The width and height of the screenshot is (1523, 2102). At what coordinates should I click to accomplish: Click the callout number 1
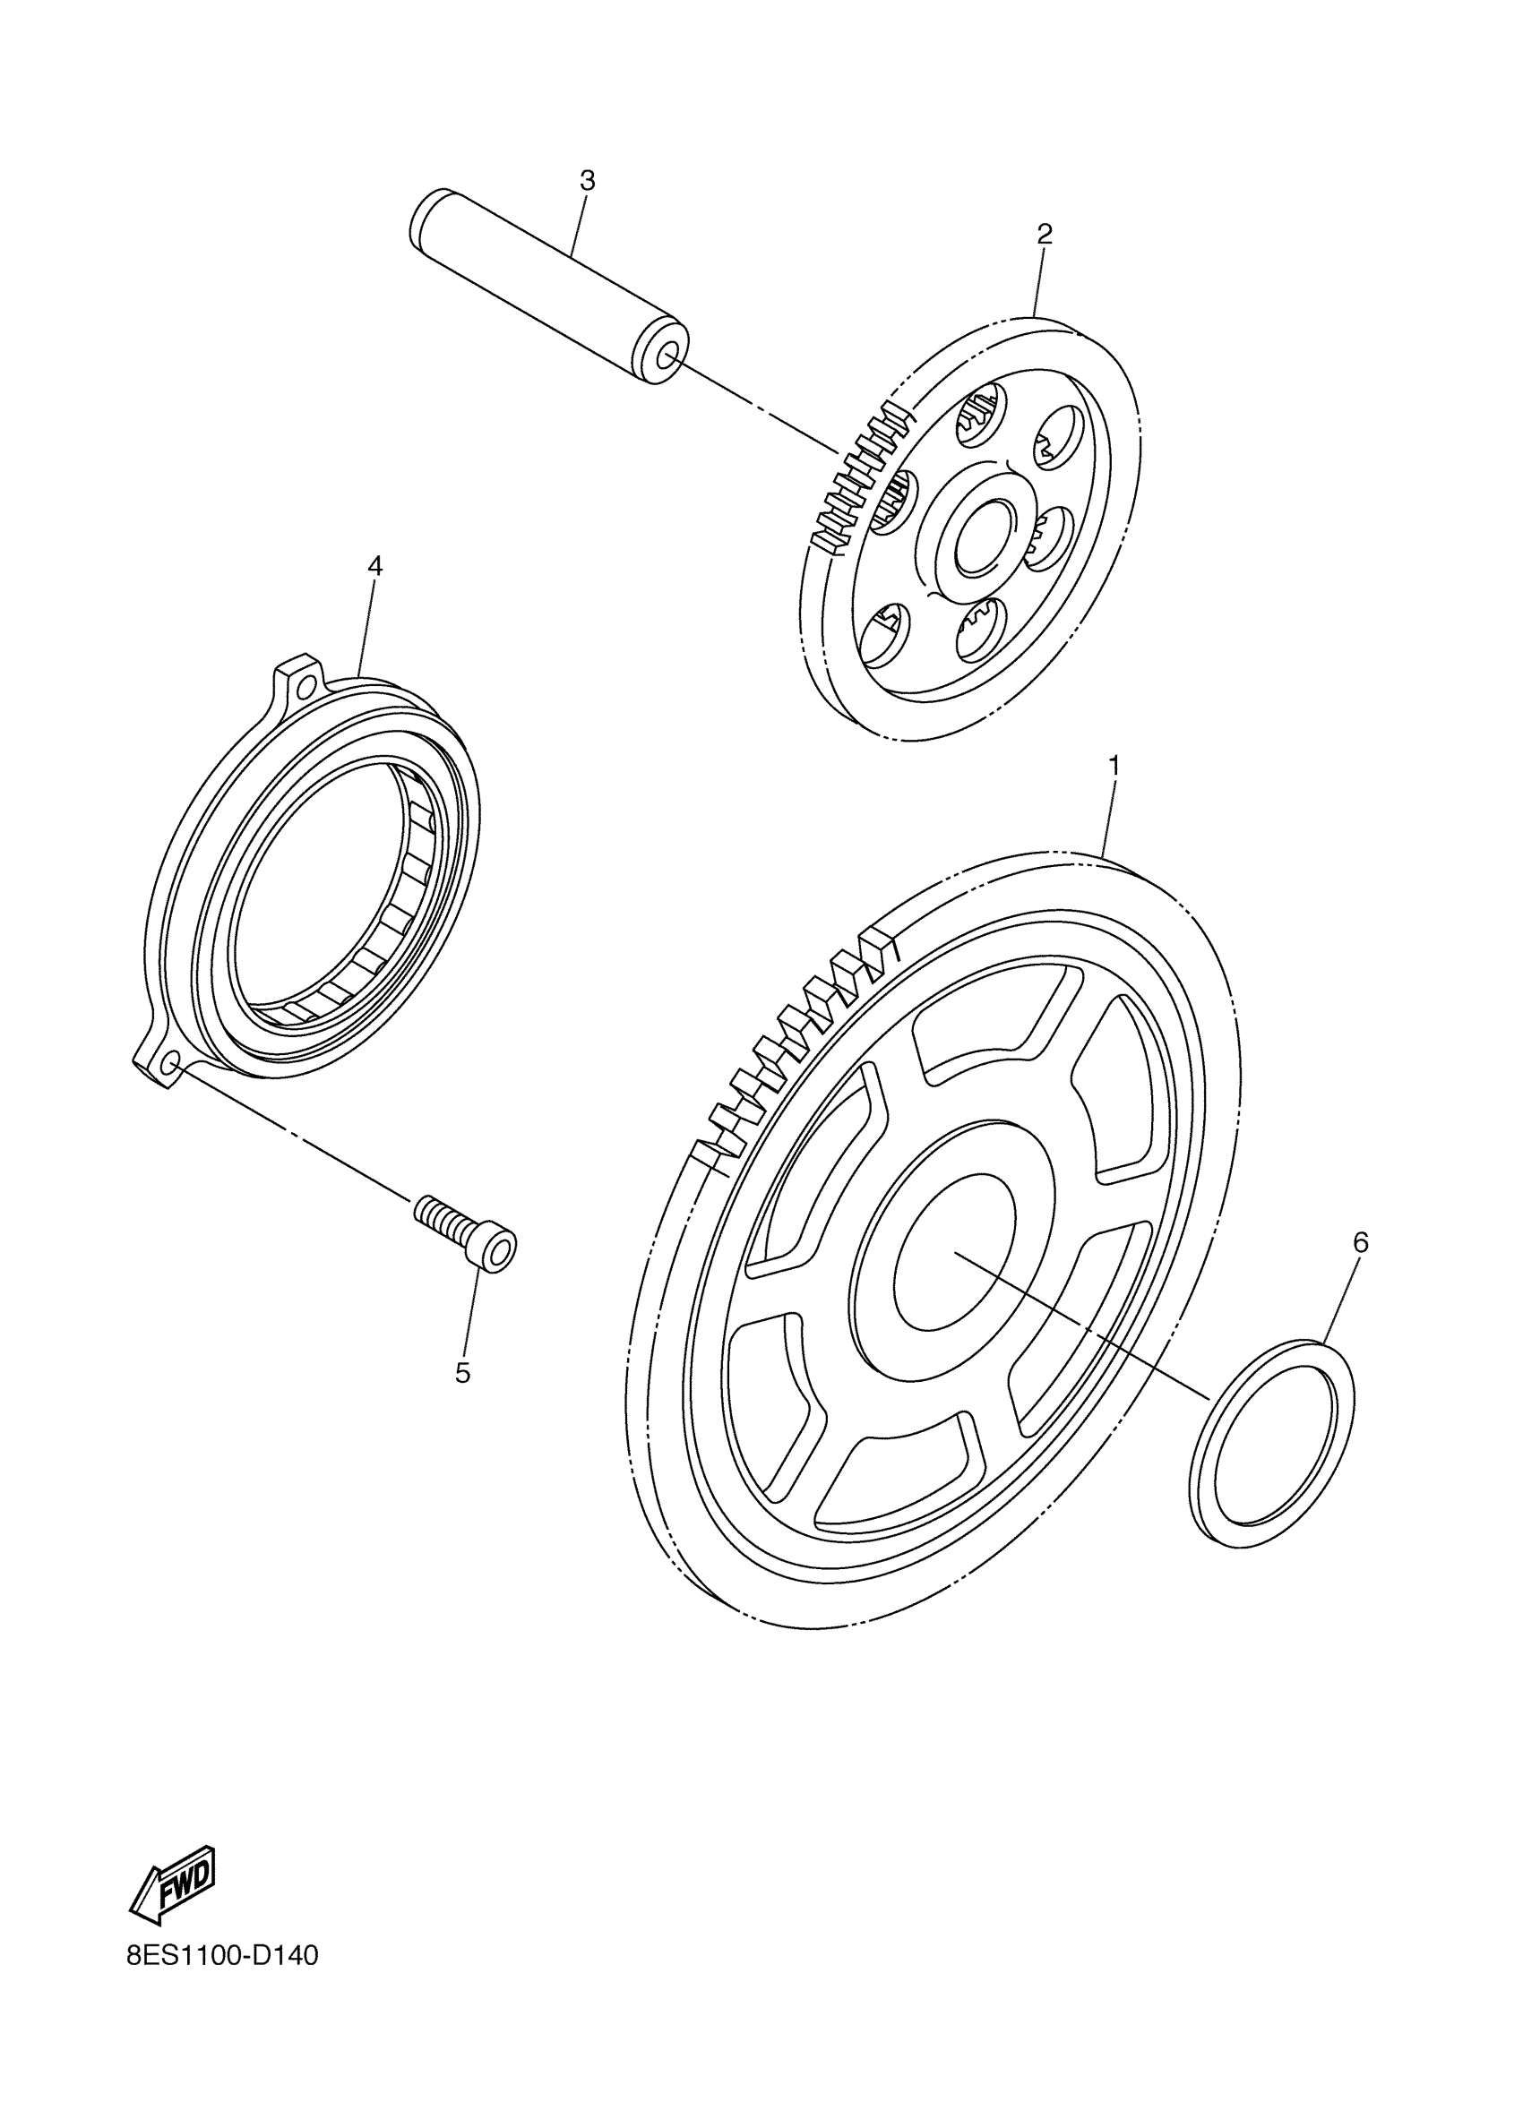(1114, 766)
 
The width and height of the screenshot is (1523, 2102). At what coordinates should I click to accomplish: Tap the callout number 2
(1044, 235)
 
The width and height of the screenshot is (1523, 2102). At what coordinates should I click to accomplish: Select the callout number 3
(587, 181)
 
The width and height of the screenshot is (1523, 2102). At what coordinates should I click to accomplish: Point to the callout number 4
(374, 565)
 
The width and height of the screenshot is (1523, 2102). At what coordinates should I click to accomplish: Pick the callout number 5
(462, 1373)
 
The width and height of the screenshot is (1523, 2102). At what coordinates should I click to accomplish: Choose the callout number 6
(1360, 1242)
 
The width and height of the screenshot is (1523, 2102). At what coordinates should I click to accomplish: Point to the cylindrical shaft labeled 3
(546, 288)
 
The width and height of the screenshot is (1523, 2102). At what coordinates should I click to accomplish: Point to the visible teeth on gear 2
(857, 477)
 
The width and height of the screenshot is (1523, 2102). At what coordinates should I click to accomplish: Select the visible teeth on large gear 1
(793, 1047)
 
